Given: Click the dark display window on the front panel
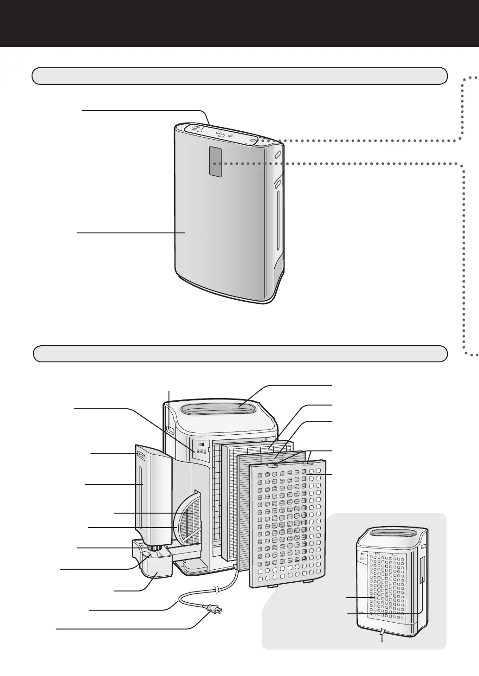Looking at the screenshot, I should (215, 161).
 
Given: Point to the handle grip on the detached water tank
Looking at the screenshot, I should (141, 457).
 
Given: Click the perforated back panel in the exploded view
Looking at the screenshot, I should (288, 524).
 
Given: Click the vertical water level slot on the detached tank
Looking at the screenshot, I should (140, 496).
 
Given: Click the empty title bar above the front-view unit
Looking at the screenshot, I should (239, 76).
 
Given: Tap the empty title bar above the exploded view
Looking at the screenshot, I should (240, 354).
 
